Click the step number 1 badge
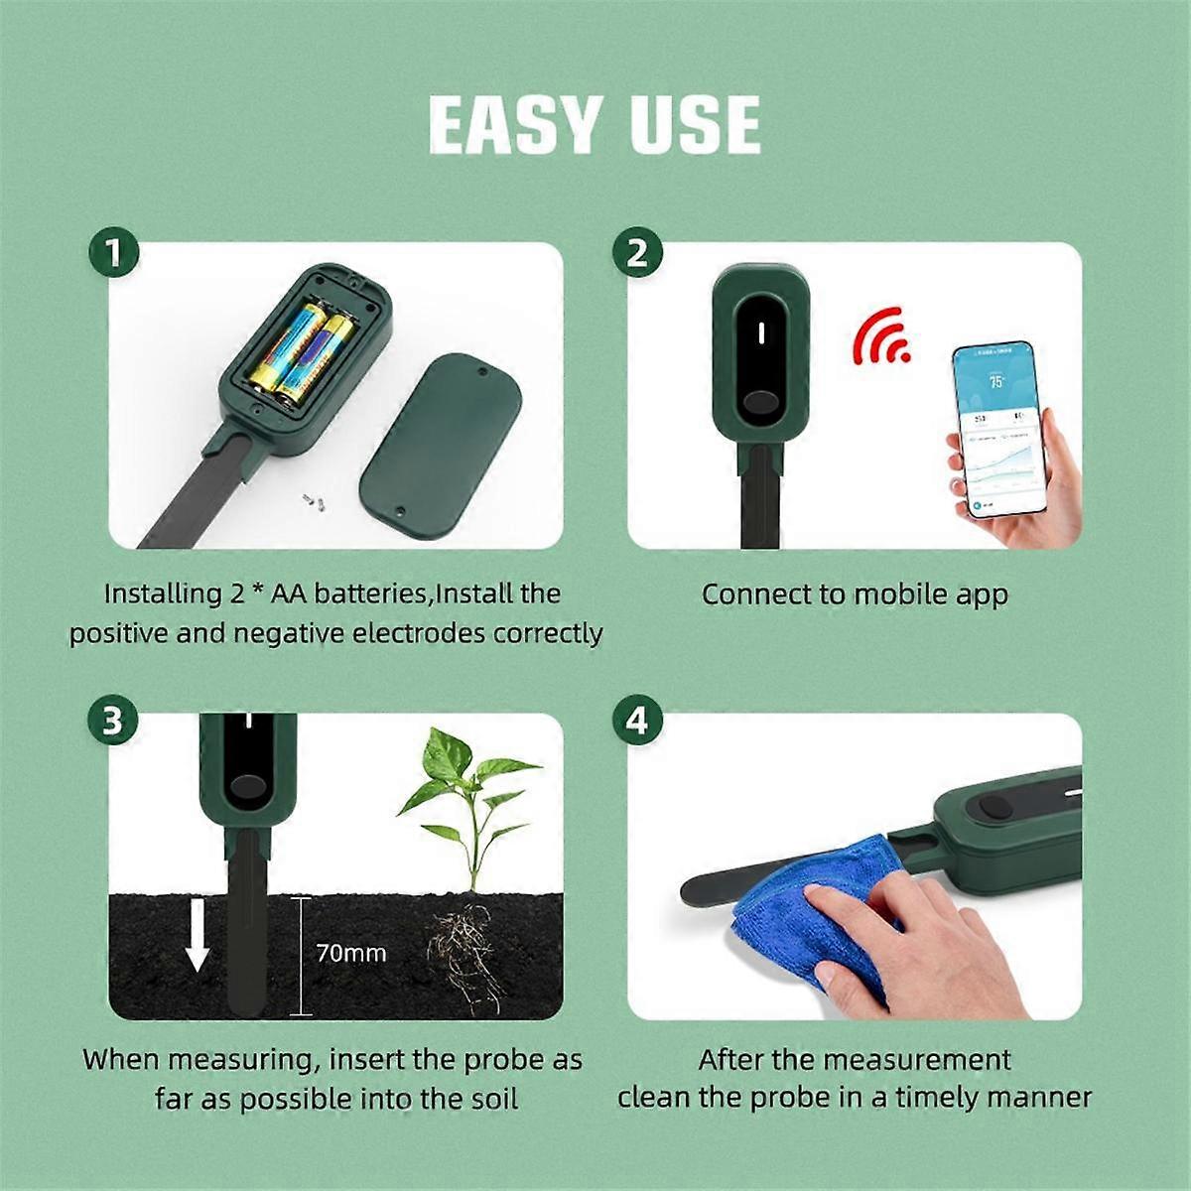tap(114, 254)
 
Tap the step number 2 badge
tap(637, 254)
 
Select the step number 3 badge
tap(113, 721)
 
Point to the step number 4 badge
tap(637, 721)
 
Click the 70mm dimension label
tap(350, 954)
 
